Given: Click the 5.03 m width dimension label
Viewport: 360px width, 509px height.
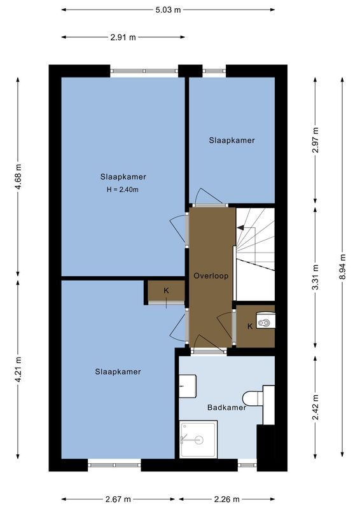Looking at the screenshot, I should pos(168,10).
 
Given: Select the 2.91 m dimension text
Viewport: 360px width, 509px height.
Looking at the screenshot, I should pos(123,37).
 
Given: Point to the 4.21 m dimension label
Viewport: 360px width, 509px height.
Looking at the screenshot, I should pos(18,369).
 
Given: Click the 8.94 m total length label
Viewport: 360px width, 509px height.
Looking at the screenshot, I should pos(343,267).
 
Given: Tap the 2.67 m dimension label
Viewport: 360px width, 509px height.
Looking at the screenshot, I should pos(118,499).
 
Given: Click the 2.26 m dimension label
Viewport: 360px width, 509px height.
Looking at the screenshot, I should pos(227,499).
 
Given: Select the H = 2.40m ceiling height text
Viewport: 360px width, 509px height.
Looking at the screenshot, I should pos(123,190).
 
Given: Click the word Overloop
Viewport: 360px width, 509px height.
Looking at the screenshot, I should pos(211,276).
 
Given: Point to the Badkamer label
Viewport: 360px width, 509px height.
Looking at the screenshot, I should pos(226,407).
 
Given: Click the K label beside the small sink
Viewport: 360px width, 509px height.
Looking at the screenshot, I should pos(250,326).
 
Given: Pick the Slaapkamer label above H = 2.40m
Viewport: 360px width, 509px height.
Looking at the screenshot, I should pos(123,177).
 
